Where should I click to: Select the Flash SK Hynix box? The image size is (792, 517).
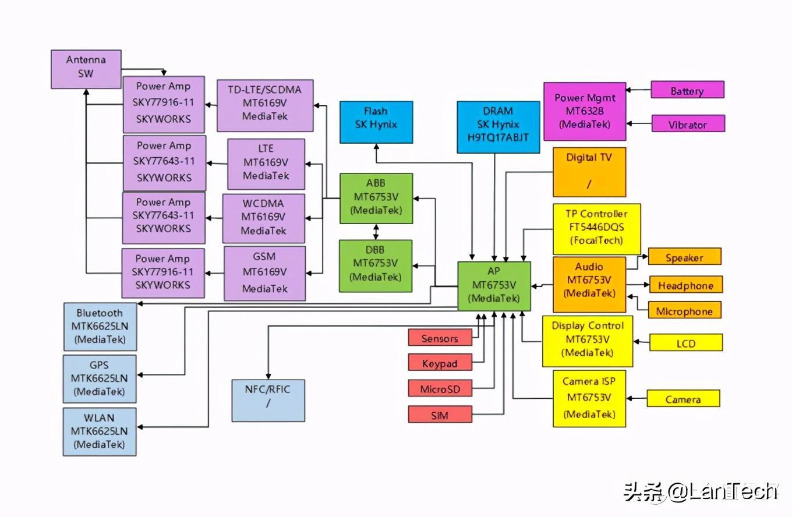pyautogui.click(x=376, y=122)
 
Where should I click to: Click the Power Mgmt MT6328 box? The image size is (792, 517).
pyautogui.click(x=585, y=111)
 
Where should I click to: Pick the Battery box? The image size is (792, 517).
pyautogui.click(x=687, y=90)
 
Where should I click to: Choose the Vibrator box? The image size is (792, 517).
pyautogui.click(x=688, y=123)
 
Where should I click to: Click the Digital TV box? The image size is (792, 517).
pyautogui.click(x=589, y=172)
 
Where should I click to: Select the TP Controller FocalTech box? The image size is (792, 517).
pyautogui.click(x=596, y=228)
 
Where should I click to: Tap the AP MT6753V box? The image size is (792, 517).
pyautogui.click(x=494, y=286)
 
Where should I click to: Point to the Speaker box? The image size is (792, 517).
pyautogui.click(x=684, y=257)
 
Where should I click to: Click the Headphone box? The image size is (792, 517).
pyautogui.click(x=685, y=285)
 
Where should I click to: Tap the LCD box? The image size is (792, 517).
pyautogui.click(x=686, y=342)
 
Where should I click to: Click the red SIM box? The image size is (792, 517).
pyautogui.click(x=440, y=415)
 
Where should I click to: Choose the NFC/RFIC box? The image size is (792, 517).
pyautogui.click(x=268, y=400)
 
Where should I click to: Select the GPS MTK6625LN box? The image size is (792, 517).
pyautogui.click(x=100, y=378)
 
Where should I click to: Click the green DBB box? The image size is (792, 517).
pyautogui.click(x=376, y=265)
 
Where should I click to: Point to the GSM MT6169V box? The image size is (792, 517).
pyautogui.click(x=264, y=272)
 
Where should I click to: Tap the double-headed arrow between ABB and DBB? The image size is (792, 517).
pyautogui.click(x=376, y=231)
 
